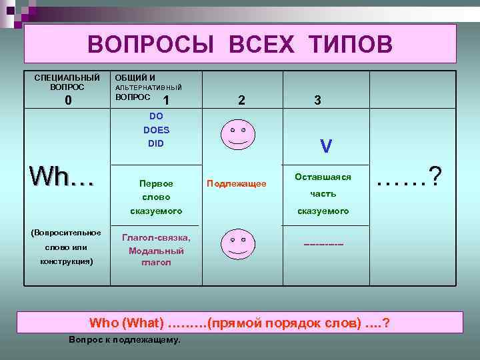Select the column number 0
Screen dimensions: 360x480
[67, 101]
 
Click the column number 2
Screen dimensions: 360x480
[241, 101]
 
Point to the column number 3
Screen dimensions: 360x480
[317, 101]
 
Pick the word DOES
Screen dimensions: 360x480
[156, 130]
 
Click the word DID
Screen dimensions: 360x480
[156, 143]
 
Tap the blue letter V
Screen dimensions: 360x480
[326, 146]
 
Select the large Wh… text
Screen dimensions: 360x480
[61, 177]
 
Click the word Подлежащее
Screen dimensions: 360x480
[237, 183]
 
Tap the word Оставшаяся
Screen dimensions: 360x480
[323, 177]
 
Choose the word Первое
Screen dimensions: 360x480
[156, 183]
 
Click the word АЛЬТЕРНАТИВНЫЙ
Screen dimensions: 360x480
[149, 87]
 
